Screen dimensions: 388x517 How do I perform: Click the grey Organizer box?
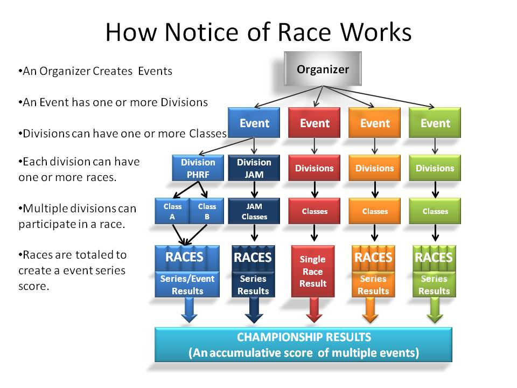pos(323,69)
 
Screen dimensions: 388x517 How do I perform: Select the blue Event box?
pos(254,123)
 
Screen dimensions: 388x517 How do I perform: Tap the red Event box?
pos(315,123)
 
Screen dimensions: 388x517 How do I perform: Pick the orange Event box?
pos(375,123)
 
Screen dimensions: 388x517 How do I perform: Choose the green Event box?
pos(435,123)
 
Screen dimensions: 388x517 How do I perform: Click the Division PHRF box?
pos(198,168)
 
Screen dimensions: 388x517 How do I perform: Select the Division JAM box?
pos(254,168)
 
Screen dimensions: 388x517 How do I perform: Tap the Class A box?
pos(173,211)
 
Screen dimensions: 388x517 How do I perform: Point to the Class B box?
pos(207,211)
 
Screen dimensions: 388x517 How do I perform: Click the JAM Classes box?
pos(254,211)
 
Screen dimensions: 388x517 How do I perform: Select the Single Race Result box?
pos(312,271)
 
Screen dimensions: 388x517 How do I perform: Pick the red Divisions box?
pos(315,168)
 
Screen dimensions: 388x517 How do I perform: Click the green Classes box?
pos(435,211)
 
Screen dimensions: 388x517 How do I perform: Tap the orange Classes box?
pos(375,211)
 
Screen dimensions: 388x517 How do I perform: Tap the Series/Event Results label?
pos(187,285)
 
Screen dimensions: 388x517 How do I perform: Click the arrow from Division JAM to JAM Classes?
pos(254,189)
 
